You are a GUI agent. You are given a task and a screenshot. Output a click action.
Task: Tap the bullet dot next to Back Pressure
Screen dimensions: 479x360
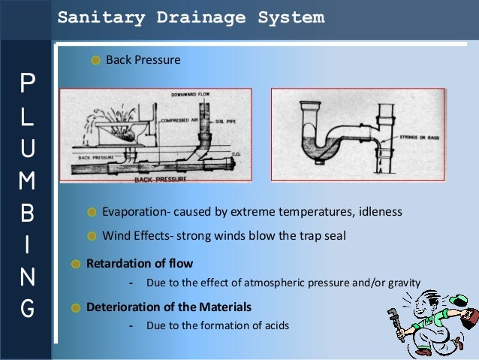pos(95,60)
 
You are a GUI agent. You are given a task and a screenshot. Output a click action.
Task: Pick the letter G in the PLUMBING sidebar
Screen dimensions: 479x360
pos(27,307)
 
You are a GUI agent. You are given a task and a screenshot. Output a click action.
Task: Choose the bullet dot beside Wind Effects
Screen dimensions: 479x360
pos(92,235)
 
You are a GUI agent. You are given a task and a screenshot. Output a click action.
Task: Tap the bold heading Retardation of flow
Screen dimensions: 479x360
pos(140,264)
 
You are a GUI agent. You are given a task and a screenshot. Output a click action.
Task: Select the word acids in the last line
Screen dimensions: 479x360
pos(273,326)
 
